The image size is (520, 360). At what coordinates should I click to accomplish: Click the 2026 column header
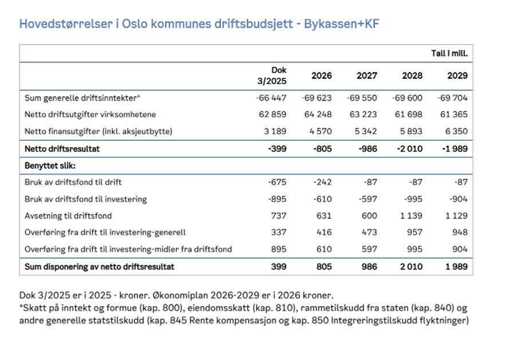[321, 76]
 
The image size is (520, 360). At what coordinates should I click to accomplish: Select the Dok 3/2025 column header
[272, 76]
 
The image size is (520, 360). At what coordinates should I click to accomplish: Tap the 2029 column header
[458, 76]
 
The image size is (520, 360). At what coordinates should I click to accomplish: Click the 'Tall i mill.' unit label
[450, 53]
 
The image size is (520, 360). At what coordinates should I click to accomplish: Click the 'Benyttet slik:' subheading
[50, 165]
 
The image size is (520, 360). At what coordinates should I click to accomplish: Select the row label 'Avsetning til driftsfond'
[68, 216]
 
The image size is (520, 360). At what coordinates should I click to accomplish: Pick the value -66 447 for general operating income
[271, 98]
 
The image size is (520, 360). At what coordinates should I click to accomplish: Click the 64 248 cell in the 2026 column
[320, 114]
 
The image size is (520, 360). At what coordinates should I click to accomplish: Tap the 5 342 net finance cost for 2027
[366, 131]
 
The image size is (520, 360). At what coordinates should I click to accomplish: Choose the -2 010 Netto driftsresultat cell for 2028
[408, 149]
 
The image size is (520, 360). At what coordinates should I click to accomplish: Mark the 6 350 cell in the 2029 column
[456, 131]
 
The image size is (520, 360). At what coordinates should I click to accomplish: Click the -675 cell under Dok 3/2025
[277, 182]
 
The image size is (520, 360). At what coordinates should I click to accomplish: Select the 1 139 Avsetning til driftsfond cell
[411, 216]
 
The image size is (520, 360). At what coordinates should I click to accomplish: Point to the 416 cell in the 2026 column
[324, 232]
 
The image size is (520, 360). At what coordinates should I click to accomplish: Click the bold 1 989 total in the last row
[456, 267]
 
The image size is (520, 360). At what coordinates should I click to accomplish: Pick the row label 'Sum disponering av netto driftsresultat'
[100, 267]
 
